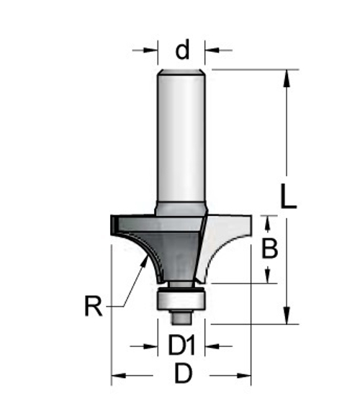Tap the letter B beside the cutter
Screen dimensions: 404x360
pos(269,249)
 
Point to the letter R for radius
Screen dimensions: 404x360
pos(93,308)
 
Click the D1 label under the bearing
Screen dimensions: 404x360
pos(182,347)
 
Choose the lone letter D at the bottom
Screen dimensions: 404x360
pos(183,376)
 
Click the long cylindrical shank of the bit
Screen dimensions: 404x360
pos(183,137)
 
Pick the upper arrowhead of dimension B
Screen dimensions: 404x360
pos(269,220)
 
